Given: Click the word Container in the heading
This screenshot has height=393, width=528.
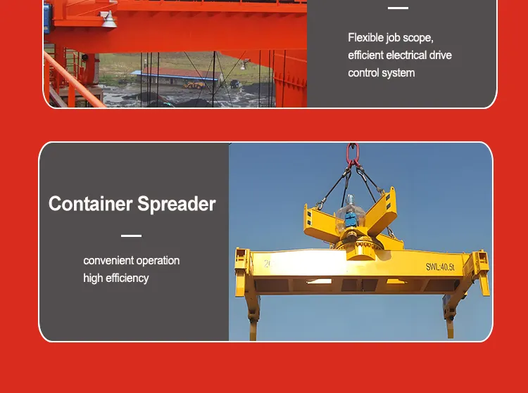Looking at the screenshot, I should pos(90,205).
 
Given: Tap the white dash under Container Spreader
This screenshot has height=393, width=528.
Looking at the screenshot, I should pos(131,236).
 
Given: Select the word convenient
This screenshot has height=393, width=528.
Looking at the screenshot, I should pos(108,261).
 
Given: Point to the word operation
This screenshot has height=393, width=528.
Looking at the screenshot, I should pos(157,261).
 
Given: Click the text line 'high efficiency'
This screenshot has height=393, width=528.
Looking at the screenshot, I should pos(116,278).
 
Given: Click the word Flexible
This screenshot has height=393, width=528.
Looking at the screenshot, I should pos(366,38).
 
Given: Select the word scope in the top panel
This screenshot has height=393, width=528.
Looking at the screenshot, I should pos(417,38).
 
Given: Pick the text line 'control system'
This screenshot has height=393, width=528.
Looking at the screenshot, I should pos(381,73).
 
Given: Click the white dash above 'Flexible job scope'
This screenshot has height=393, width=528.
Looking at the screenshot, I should pos(398,8).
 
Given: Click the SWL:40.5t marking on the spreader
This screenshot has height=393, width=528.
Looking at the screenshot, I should pos(440,266).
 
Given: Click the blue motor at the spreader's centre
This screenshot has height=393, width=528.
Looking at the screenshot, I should pos(349,221).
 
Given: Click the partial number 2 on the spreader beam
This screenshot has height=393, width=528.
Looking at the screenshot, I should pos(268,264).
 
